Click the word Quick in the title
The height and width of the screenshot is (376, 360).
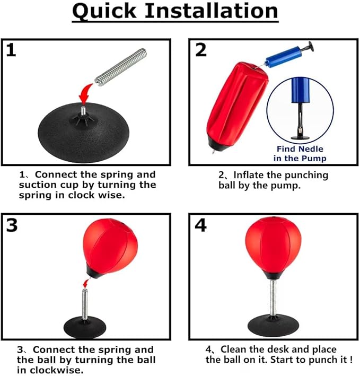pyautogui.click(x=104, y=11)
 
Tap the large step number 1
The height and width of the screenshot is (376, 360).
pyautogui.click(x=11, y=50)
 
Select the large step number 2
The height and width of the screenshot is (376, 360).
pyautogui.click(x=200, y=50)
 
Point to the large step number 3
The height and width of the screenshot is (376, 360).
pyautogui.click(x=12, y=225)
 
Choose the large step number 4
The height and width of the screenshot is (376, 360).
pyautogui.click(x=200, y=225)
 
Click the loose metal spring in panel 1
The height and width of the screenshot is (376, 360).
pyautogui.click(x=120, y=67)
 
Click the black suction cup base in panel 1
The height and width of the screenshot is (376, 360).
pyautogui.click(x=83, y=132)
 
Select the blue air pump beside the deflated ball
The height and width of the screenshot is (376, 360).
pyautogui.click(x=289, y=55)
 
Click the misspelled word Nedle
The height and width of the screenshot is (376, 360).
pyautogui.click(x=311, y=149)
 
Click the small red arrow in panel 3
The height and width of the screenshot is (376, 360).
pyautogui.click(x=85, y=283)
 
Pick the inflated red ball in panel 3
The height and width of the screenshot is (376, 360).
pyautogui.click(x=110, y=248)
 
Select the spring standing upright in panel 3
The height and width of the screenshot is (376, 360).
pyautogui.click(x=85, y=304)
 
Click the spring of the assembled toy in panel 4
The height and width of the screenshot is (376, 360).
pyautogui.click(x=273, y=298)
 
